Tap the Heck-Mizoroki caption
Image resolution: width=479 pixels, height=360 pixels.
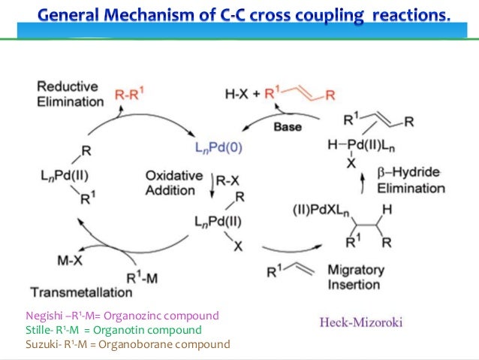pos(360,322)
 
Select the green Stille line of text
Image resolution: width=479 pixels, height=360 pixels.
pos(113,329)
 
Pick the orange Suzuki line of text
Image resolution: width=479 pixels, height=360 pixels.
pos(128,344)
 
